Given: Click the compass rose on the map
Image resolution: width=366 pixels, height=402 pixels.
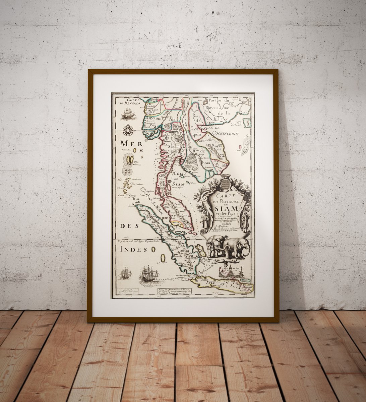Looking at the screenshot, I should (128, 130).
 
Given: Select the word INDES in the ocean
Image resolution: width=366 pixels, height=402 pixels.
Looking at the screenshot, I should (132, 249).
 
